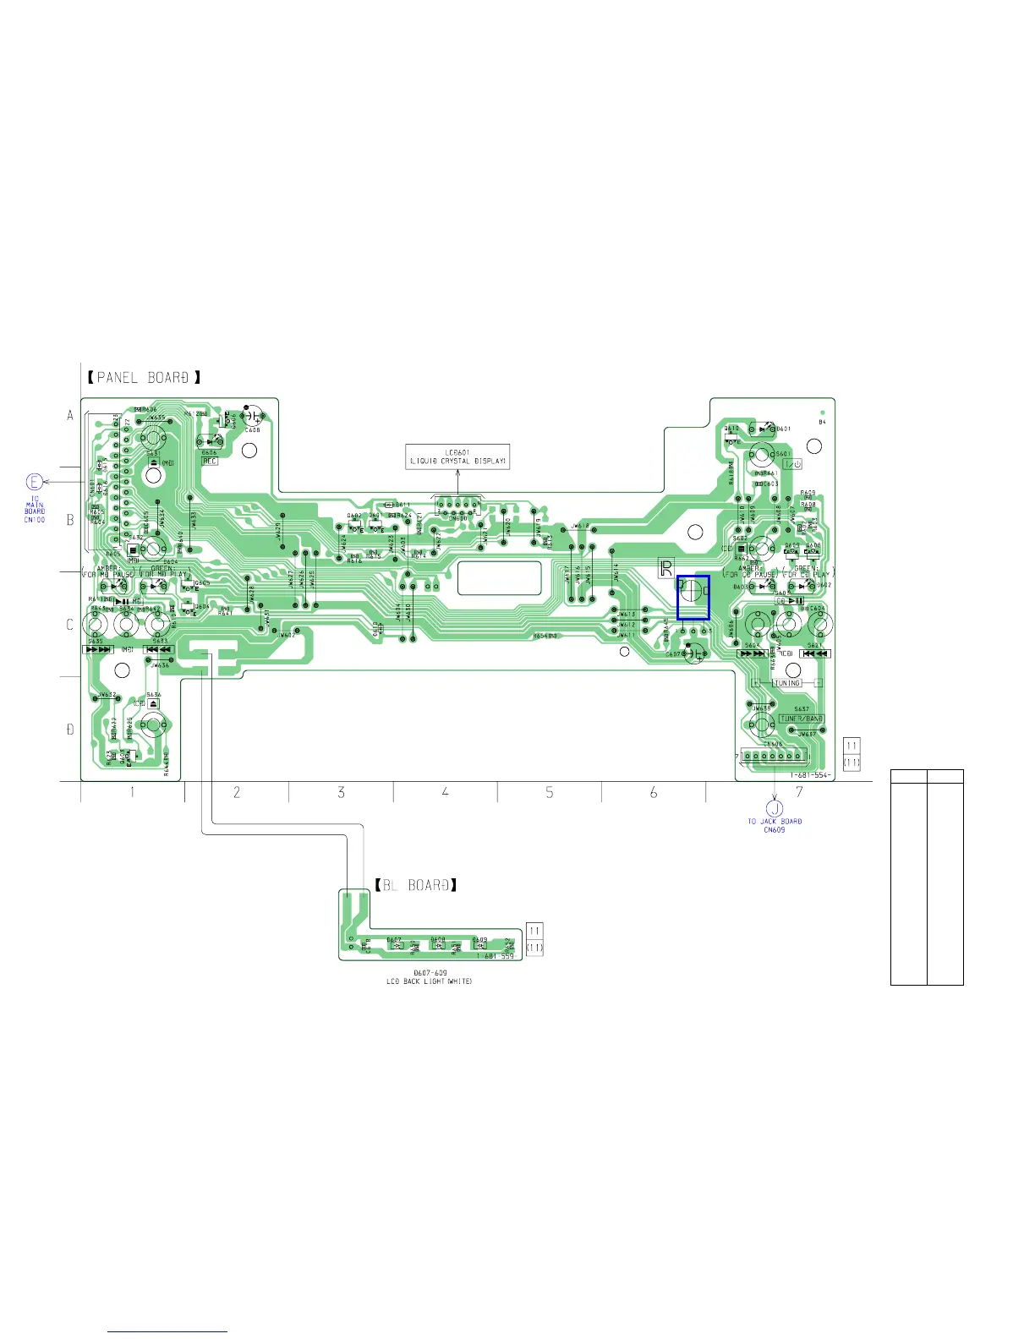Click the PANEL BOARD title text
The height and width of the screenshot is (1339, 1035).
click(143, 377)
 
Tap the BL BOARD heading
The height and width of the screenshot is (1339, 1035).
click(416, 885)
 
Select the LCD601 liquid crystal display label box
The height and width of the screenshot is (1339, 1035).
click(457, 456)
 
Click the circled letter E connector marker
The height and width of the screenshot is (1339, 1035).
click(34, 483)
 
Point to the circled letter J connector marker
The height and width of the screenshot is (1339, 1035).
click(774, 808)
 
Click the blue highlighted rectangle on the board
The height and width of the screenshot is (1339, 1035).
click(693, 598)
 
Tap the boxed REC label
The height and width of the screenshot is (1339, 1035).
click(210, 461)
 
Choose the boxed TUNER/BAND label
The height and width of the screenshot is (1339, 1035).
click(801, 719)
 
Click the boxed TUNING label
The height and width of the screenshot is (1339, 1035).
click(786, 682)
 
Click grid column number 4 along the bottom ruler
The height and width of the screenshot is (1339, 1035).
click(446, 792)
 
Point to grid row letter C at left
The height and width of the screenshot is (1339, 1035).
click(70, 625)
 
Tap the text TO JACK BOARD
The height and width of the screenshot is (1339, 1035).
click(774, 821)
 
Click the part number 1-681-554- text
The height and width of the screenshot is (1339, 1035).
click(810, 775)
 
